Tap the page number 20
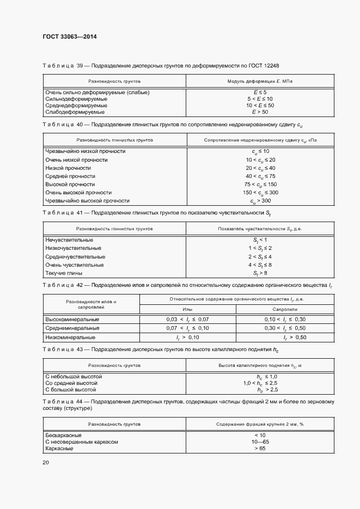(x=46, y=462)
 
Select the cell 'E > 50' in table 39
(x=260, y=112)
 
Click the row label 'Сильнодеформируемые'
(x=74, y=99)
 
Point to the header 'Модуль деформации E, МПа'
(x=260, y=81)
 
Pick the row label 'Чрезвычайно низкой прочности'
(x=86, y=151)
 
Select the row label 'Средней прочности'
(x=70, y=176)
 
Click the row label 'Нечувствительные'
(x=69, y=240)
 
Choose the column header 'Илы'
(x=187, y=309)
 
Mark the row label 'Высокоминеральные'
(x=72, y=319)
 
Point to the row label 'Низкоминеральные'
(x=71, y=338)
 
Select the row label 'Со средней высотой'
(x=71, y=383)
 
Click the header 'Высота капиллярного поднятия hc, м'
(x=259, y=365)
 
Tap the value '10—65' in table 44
(x=259, y=442)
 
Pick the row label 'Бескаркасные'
(x=64, y=436)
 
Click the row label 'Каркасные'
(x=60, y=449)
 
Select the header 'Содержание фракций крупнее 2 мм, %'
(x=259, y=424)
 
